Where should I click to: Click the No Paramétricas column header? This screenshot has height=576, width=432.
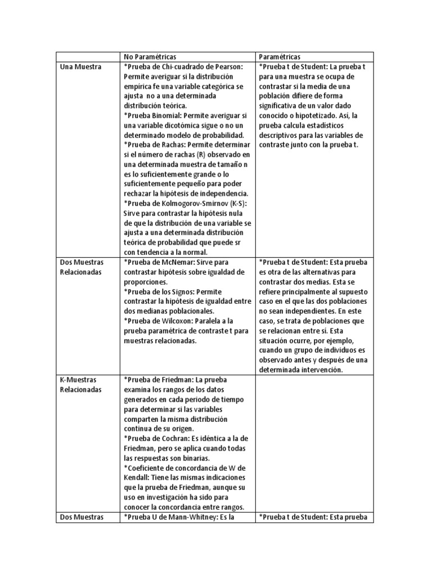[x=150, y=57]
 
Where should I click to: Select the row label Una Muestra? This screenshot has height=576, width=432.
[x=80, y=67]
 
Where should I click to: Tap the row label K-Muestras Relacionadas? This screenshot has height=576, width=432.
[x=80, y=384]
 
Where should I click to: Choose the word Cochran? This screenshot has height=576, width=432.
[x=177, y=438]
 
